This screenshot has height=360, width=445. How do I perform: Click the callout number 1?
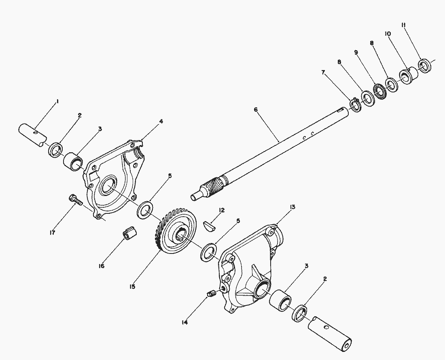[57, 102]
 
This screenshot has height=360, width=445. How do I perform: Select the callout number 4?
[161, 121]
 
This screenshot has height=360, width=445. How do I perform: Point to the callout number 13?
[292, 207]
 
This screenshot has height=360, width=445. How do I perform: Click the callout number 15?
[132, 287]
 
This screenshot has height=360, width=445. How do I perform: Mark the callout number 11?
[403, 25]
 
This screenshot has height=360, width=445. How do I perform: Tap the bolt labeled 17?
[75, 200]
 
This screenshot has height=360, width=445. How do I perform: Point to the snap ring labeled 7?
[355, 105]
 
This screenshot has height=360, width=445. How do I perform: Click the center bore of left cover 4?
[108, 187]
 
